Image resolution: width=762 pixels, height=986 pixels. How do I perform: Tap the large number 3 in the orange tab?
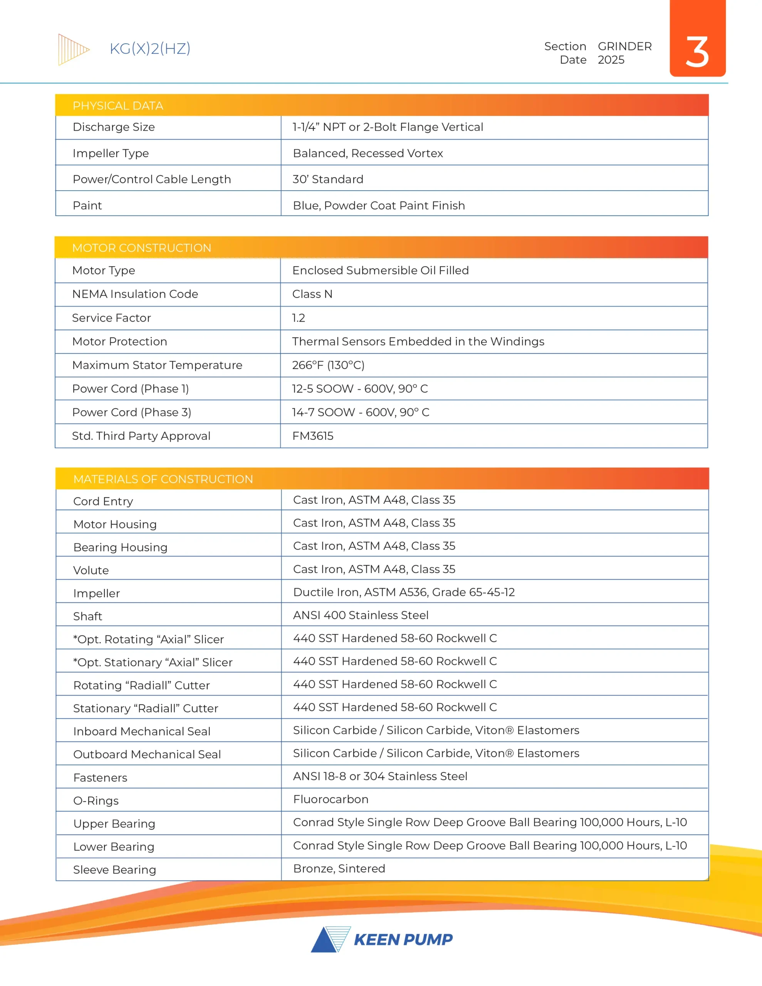[697, 52]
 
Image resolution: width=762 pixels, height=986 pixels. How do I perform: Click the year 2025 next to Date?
[611, 60]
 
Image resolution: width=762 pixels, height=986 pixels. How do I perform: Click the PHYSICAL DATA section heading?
[118, 106]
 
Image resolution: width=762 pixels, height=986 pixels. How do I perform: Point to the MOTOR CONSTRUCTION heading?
[141, 248]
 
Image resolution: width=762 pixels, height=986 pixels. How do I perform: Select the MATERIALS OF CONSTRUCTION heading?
[163, 479]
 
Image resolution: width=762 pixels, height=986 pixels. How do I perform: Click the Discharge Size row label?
[114, 127]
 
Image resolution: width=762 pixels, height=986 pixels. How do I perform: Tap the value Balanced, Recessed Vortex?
[368, 154]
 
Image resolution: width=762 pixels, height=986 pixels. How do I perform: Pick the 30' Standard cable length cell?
[328, 179]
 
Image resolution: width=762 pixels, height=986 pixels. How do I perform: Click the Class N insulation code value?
[312, 294]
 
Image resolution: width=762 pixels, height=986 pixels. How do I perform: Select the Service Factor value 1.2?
[299, 318]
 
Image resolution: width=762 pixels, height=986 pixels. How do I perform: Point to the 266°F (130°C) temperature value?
[328, 365]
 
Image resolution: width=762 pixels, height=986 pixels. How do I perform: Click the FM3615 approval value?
[312, 436]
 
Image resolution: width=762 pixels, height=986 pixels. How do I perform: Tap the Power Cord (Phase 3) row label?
[131, 413]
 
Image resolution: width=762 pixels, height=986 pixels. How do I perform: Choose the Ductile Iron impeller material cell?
[403, 592]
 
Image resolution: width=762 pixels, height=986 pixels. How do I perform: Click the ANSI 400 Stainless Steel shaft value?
[361, 615]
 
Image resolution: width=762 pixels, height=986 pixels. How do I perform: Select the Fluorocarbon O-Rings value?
[331, 800]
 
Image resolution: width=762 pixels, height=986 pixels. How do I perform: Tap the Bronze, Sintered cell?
[339, 869]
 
